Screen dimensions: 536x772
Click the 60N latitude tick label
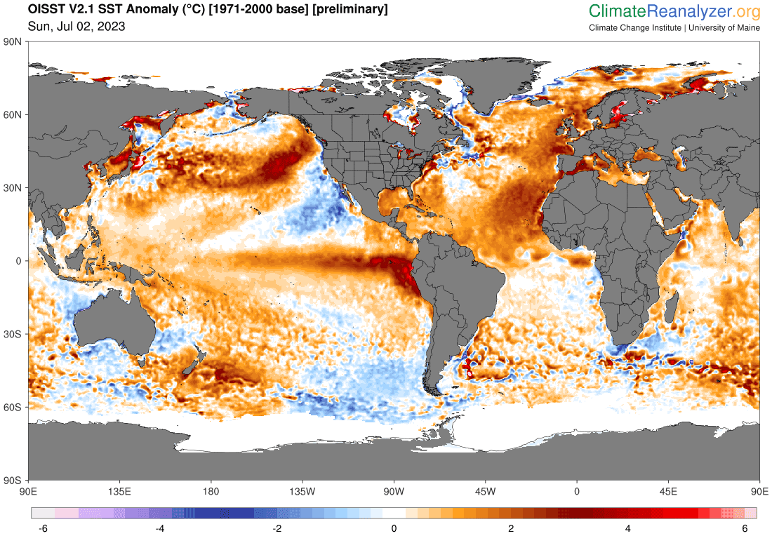(15, 114)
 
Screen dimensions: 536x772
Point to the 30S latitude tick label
(15, 334)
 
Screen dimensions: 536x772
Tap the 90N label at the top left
(15, 42)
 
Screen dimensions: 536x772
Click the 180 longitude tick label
(211, 490)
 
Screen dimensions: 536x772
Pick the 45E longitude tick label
(668, 490)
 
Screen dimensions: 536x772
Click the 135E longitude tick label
(120, 490)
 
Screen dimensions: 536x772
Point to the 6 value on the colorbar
(745, 528)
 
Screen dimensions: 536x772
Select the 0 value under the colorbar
(394, 528)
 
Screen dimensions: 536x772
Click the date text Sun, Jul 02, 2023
(76, 27)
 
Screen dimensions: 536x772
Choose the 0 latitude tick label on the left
(20, 261)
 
